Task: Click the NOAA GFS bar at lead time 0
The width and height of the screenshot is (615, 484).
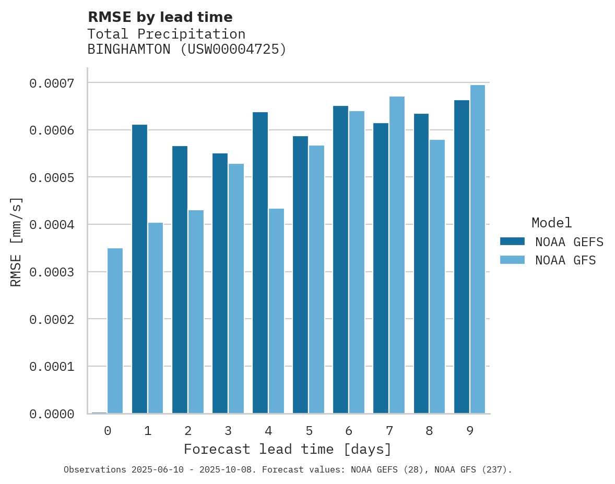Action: [x=115, y=331]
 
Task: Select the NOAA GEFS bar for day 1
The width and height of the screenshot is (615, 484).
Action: [x=139, y=269]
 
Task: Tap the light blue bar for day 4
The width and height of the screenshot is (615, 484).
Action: [x=276, y=311]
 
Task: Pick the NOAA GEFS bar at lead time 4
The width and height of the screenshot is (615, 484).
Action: [x=260, y=263]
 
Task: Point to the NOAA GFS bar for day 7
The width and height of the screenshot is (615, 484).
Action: [x=397, y=255]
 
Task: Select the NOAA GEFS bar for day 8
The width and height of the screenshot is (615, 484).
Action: [x=421, y=263]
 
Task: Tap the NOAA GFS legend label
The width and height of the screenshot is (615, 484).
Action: [x=565, y=260]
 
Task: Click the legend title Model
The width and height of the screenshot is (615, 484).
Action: [x=551, y=223]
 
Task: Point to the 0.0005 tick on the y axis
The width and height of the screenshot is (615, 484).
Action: [x=52, y=178]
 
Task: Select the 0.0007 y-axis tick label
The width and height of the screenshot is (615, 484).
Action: [x=52, y=83]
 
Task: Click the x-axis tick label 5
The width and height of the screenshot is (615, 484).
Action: [x=309, y=431]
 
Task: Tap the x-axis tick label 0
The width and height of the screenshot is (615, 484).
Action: [x=108, y=431]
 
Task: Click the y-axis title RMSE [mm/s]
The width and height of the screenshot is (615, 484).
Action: [x=16, y=241]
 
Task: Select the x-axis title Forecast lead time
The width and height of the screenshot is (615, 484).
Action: [x=287, y=449]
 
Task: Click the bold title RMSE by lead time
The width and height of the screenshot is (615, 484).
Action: [x=160, y=17]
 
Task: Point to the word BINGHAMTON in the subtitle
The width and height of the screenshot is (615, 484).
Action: [x=128, y=50]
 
